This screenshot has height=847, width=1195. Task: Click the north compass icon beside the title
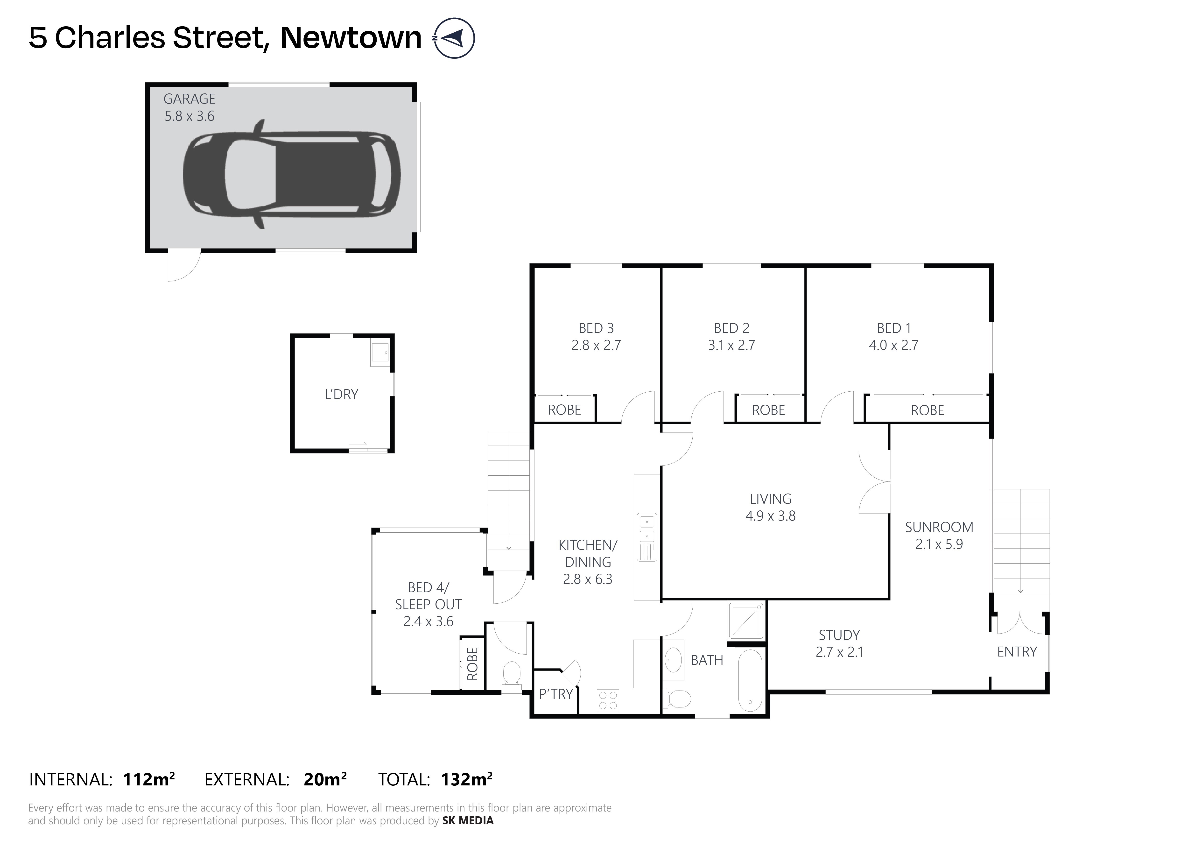454,38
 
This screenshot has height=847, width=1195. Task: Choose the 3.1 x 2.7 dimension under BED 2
731,345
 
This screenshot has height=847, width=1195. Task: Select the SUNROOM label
939,527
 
